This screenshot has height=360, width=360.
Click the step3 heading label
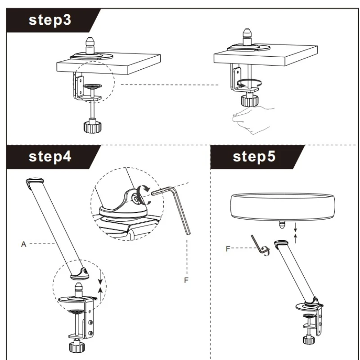point(50,21)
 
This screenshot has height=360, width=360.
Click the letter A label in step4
point(23,243)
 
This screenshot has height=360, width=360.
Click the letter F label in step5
point(228,247)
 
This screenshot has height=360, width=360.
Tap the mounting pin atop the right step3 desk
point(247,36)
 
